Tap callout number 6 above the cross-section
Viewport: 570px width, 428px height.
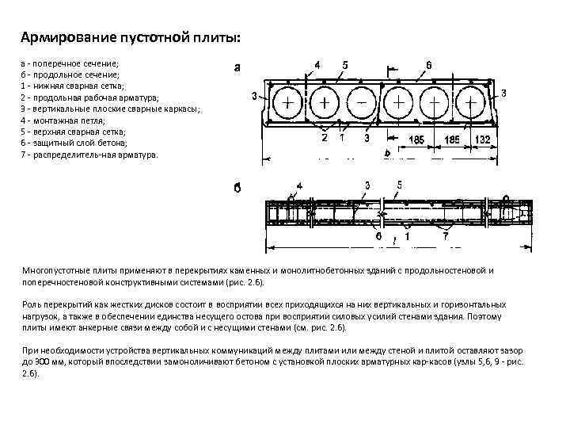pyautogui.click(x=428, y=63)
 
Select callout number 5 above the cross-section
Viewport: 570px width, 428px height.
pyautogui.click(x=345, y=63)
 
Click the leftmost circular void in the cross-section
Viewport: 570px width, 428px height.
pyautogui.click(x=287, y=104)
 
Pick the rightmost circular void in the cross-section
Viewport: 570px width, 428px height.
pyautogui.click(x=472, y=104)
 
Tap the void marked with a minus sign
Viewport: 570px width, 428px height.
pyautogui.click(x=361, y=104)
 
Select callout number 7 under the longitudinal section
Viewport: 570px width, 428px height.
pyautogui.click(x=445, y=236)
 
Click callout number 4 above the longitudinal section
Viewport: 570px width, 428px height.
pyautogui.click(x=299, y=186)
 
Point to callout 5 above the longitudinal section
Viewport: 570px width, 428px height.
pyautogui.click(x=399, y=185)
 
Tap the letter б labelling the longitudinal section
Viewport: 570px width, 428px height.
pyautogui.click(x=237, y=189)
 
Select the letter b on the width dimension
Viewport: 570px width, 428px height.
pyautogui.click(x=387, y=154)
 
